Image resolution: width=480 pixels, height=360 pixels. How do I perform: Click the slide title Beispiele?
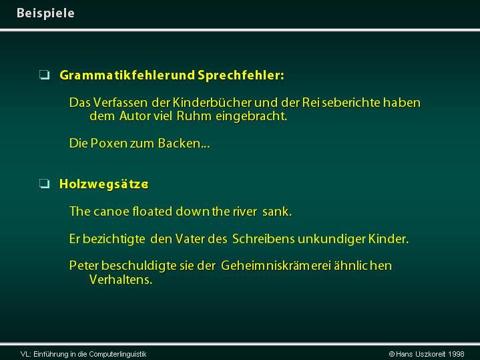(x=45, y=13)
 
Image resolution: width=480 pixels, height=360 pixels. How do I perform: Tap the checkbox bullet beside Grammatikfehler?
(x=44, y=75)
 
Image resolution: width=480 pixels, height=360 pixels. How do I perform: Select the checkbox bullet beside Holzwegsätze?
(x=44, y=184)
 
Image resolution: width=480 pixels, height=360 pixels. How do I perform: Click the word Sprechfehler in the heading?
(x=240, y=75)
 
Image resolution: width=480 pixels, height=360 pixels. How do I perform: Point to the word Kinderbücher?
(x=212, y=103)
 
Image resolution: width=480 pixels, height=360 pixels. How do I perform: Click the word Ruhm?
(x=194, y=116)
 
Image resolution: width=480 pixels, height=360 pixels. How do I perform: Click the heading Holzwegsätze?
(x=103, y=184)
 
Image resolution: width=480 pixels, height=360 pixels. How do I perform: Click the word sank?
(x=277, y=212)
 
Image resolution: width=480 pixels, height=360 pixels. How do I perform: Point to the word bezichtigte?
(x=114, y=239)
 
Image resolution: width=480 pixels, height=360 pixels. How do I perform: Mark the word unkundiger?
(x=332, y=239)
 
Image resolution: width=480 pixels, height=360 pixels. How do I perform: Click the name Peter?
(x=84, y=266)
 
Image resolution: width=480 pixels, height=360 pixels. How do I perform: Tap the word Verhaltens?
(x=121, y=279)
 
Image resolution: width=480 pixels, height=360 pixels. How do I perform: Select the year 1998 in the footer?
(x=456, y=354)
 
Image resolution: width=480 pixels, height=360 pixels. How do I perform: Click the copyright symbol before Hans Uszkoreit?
(x=391, y=354)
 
